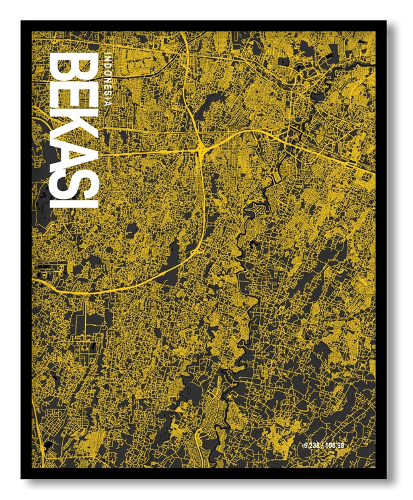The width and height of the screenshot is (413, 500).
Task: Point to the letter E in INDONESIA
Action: point(107,81)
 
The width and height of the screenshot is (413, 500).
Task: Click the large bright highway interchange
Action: point(200,151)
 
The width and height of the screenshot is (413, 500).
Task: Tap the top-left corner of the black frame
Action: point(22,22)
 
